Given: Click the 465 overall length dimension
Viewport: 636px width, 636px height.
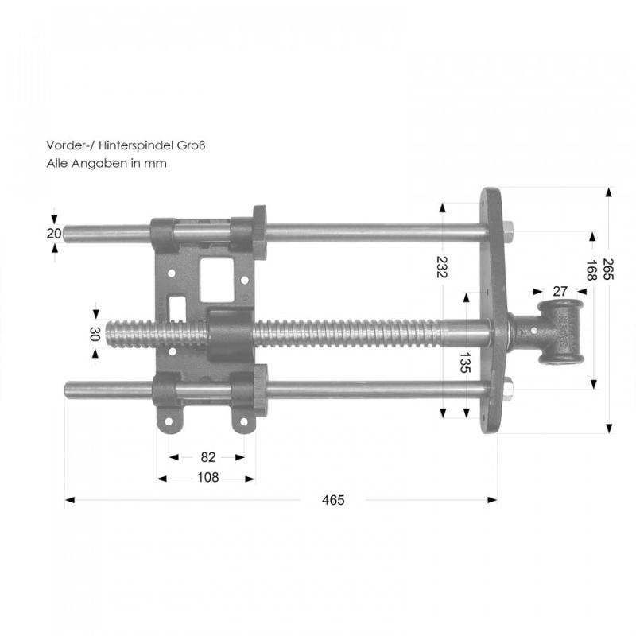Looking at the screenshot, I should point(333,500).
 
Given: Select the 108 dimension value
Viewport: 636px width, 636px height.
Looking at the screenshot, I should point(207,478).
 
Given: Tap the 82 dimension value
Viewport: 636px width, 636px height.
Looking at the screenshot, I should point(208,457).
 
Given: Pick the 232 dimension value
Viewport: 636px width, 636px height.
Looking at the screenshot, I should point(443,266).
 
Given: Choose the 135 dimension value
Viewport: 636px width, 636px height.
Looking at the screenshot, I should point(464,365).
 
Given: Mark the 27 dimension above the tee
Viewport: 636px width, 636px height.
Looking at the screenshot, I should point(559,291).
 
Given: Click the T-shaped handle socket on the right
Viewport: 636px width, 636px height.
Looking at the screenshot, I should point(560,332).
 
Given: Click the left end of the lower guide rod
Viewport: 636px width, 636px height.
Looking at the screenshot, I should point(68,390).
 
